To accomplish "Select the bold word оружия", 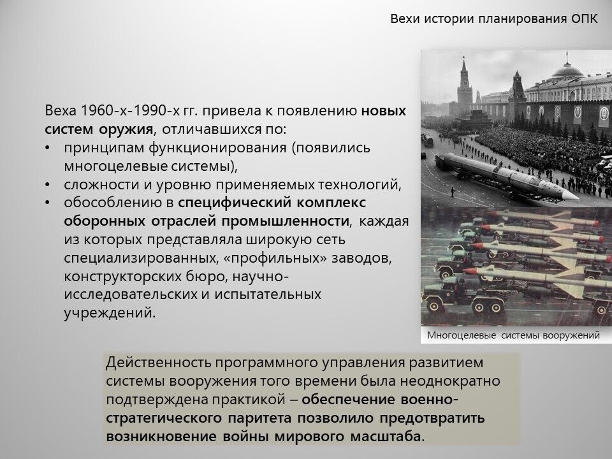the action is [x=126, y=129].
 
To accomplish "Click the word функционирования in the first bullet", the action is [x=217, y=149].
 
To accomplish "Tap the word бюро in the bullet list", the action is [x=208, y=276].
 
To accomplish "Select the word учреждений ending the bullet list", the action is [x=109, y=314].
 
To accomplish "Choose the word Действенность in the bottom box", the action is [x=159, y=363].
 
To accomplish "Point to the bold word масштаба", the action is [x=386, y=436].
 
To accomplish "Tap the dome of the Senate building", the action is [x=567, y=70].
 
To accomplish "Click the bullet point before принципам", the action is [x=48, y=149].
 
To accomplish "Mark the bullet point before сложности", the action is [x=48, y=185].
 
